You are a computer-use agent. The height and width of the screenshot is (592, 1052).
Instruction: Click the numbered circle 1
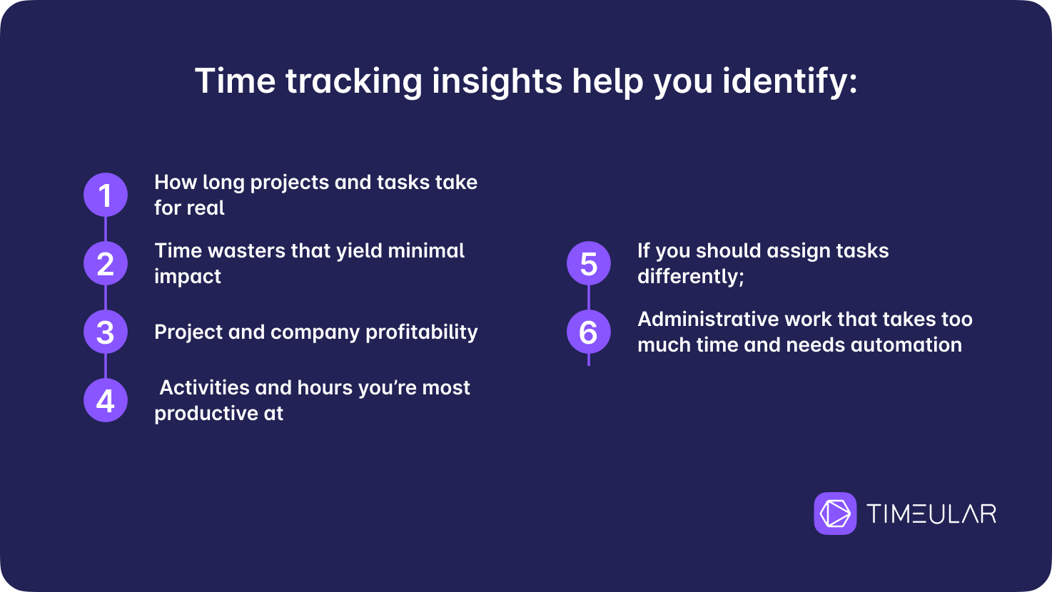pos(106,195)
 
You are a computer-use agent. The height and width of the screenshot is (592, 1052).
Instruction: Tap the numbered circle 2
pos(106,263)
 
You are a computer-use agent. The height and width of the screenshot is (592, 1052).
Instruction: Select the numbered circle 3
pos(106,332)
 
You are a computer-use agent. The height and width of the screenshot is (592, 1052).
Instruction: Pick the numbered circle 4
pos(106,400)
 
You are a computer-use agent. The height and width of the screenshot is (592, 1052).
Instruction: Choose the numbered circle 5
pos(589,263)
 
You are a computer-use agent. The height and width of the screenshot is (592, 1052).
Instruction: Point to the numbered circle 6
pos(589,332)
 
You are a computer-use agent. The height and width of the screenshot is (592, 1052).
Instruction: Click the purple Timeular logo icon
pos(835,513)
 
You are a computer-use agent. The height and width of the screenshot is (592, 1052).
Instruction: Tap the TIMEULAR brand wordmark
pos(931,514)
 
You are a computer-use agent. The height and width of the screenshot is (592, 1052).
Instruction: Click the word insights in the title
pos(497,82)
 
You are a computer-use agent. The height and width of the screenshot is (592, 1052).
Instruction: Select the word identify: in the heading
pos(790,82)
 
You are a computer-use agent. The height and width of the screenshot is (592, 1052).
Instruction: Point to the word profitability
pos(421,332)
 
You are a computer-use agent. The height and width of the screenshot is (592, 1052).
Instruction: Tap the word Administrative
pos(708,320)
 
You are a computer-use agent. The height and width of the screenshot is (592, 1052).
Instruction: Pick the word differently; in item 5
pos(691,277)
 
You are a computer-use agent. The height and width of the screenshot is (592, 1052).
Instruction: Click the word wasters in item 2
pos(246,251)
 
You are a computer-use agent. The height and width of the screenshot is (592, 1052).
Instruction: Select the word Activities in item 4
pos(205,388)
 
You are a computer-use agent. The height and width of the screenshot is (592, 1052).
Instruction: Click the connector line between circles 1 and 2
pos(106,229)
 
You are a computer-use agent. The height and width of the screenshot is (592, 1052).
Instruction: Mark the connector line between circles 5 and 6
pos(589,297)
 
